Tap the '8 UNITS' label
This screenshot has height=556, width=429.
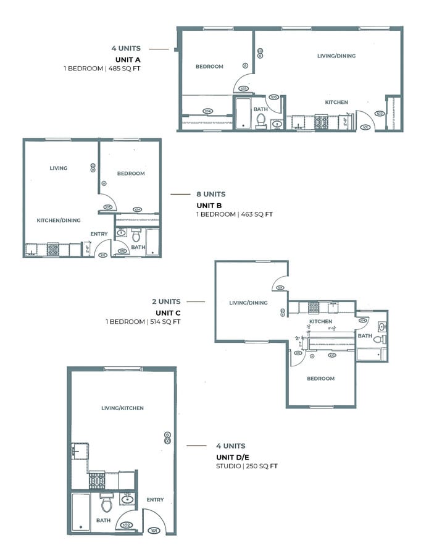tap(208, 193)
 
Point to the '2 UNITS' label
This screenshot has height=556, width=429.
tap(166, 301)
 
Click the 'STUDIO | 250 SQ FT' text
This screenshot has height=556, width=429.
tap(246, 466)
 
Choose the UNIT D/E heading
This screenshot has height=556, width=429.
tap(231, 456)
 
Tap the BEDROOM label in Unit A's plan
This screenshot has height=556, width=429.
tap(209, 67)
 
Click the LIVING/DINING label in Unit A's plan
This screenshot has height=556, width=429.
tap(336, 56)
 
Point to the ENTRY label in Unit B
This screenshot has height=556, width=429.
tap(99, 234)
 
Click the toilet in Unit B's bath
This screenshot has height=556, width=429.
tap(136, 235)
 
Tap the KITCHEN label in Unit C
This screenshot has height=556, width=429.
tap(320, 321)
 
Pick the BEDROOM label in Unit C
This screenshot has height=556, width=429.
tap(321, 378)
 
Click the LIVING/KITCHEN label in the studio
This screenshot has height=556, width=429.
tap(122, 408)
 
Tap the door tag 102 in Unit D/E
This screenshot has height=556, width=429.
tap(126, 525)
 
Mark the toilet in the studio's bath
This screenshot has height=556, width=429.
tap(106, 503)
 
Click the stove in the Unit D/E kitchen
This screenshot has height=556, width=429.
tap(97, 480)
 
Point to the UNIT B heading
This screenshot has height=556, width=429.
tap(209, 204)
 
